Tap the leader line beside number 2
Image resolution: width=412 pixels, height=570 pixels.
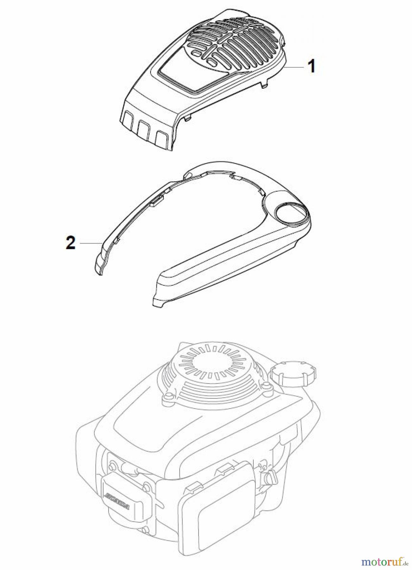pyautogui.click(x=90, y=243)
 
